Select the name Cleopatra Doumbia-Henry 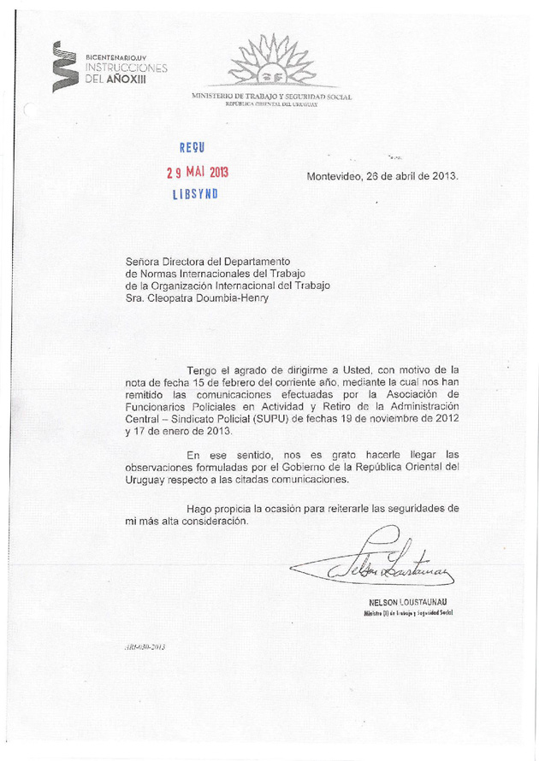pos(199,298)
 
